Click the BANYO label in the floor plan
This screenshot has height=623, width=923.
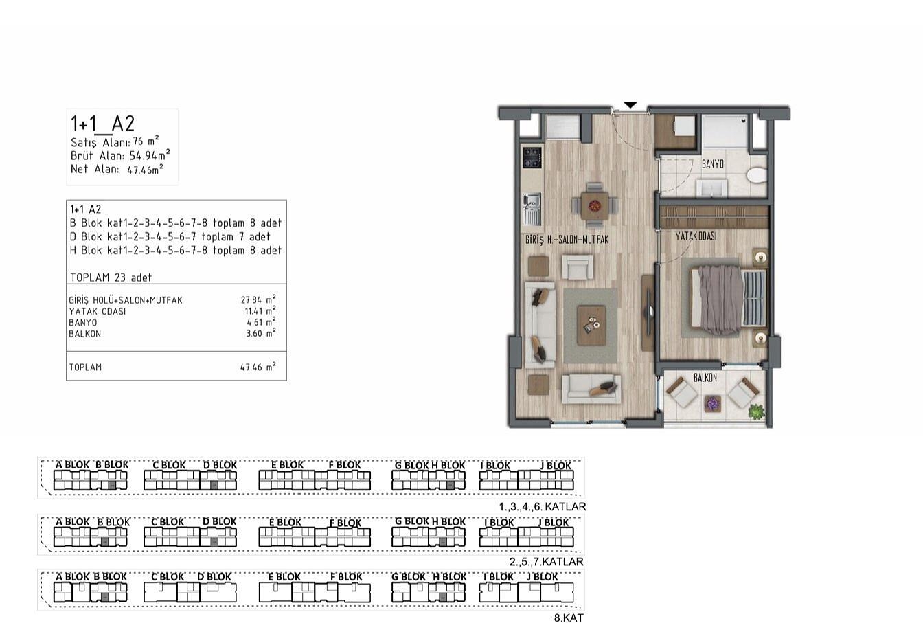coord(712,164)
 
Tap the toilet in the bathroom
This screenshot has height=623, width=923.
coord(757,174)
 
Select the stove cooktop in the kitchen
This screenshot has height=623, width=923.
coord(532,158)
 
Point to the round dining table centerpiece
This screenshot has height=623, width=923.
coord(594,205)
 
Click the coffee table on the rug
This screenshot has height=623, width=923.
coord(591,325)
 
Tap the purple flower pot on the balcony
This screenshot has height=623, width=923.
coord(711,403)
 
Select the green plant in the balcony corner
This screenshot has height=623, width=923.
coord(756,411)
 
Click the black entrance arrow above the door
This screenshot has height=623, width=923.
coord(630,105)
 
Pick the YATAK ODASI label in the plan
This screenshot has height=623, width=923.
coord(696,236)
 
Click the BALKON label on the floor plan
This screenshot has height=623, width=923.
coord(705,377)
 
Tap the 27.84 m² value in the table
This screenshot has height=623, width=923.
coord(258,299)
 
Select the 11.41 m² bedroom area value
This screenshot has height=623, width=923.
coord(260,310)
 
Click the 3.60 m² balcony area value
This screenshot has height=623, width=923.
coord(261,332)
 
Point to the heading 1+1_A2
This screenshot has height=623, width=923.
coord(102,123)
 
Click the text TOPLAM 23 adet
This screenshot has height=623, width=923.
coord(111,277)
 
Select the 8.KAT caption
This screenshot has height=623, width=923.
coord(569,618)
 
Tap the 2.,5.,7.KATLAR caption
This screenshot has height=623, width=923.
coord(547,561)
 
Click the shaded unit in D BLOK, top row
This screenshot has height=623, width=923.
coord(214,486)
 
